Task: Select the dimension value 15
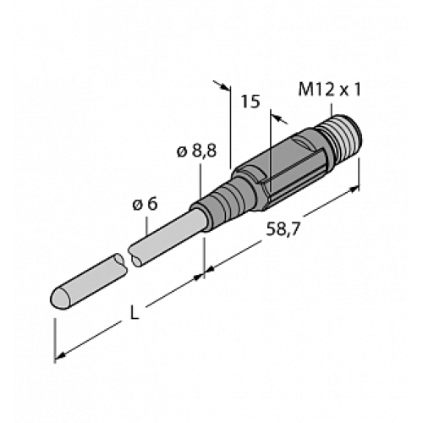(x=250, y=102)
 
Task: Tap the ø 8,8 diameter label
(x=197, y=151)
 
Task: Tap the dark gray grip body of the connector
(x=279, y=169)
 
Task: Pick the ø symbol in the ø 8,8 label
(x=181, y=151)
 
